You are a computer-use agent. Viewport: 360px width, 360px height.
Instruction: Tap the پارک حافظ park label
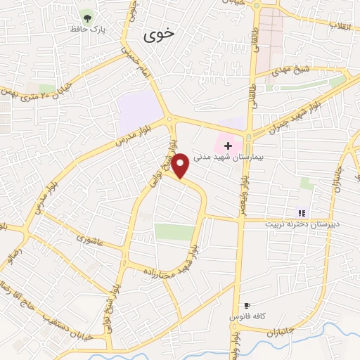point(86,30)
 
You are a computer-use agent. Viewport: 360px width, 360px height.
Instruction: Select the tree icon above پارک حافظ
point(87,18)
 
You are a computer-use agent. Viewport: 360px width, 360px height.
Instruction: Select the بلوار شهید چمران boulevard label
point(288,119)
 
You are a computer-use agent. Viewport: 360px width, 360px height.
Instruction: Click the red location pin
point(181,165)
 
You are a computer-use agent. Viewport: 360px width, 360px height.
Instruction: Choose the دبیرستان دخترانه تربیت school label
point(302,224)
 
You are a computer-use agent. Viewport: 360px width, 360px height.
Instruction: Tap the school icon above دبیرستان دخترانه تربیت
point(302,213)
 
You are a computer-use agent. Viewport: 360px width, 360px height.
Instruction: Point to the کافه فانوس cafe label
point(246,318)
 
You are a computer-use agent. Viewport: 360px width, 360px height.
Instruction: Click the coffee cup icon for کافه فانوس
point(246,306)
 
